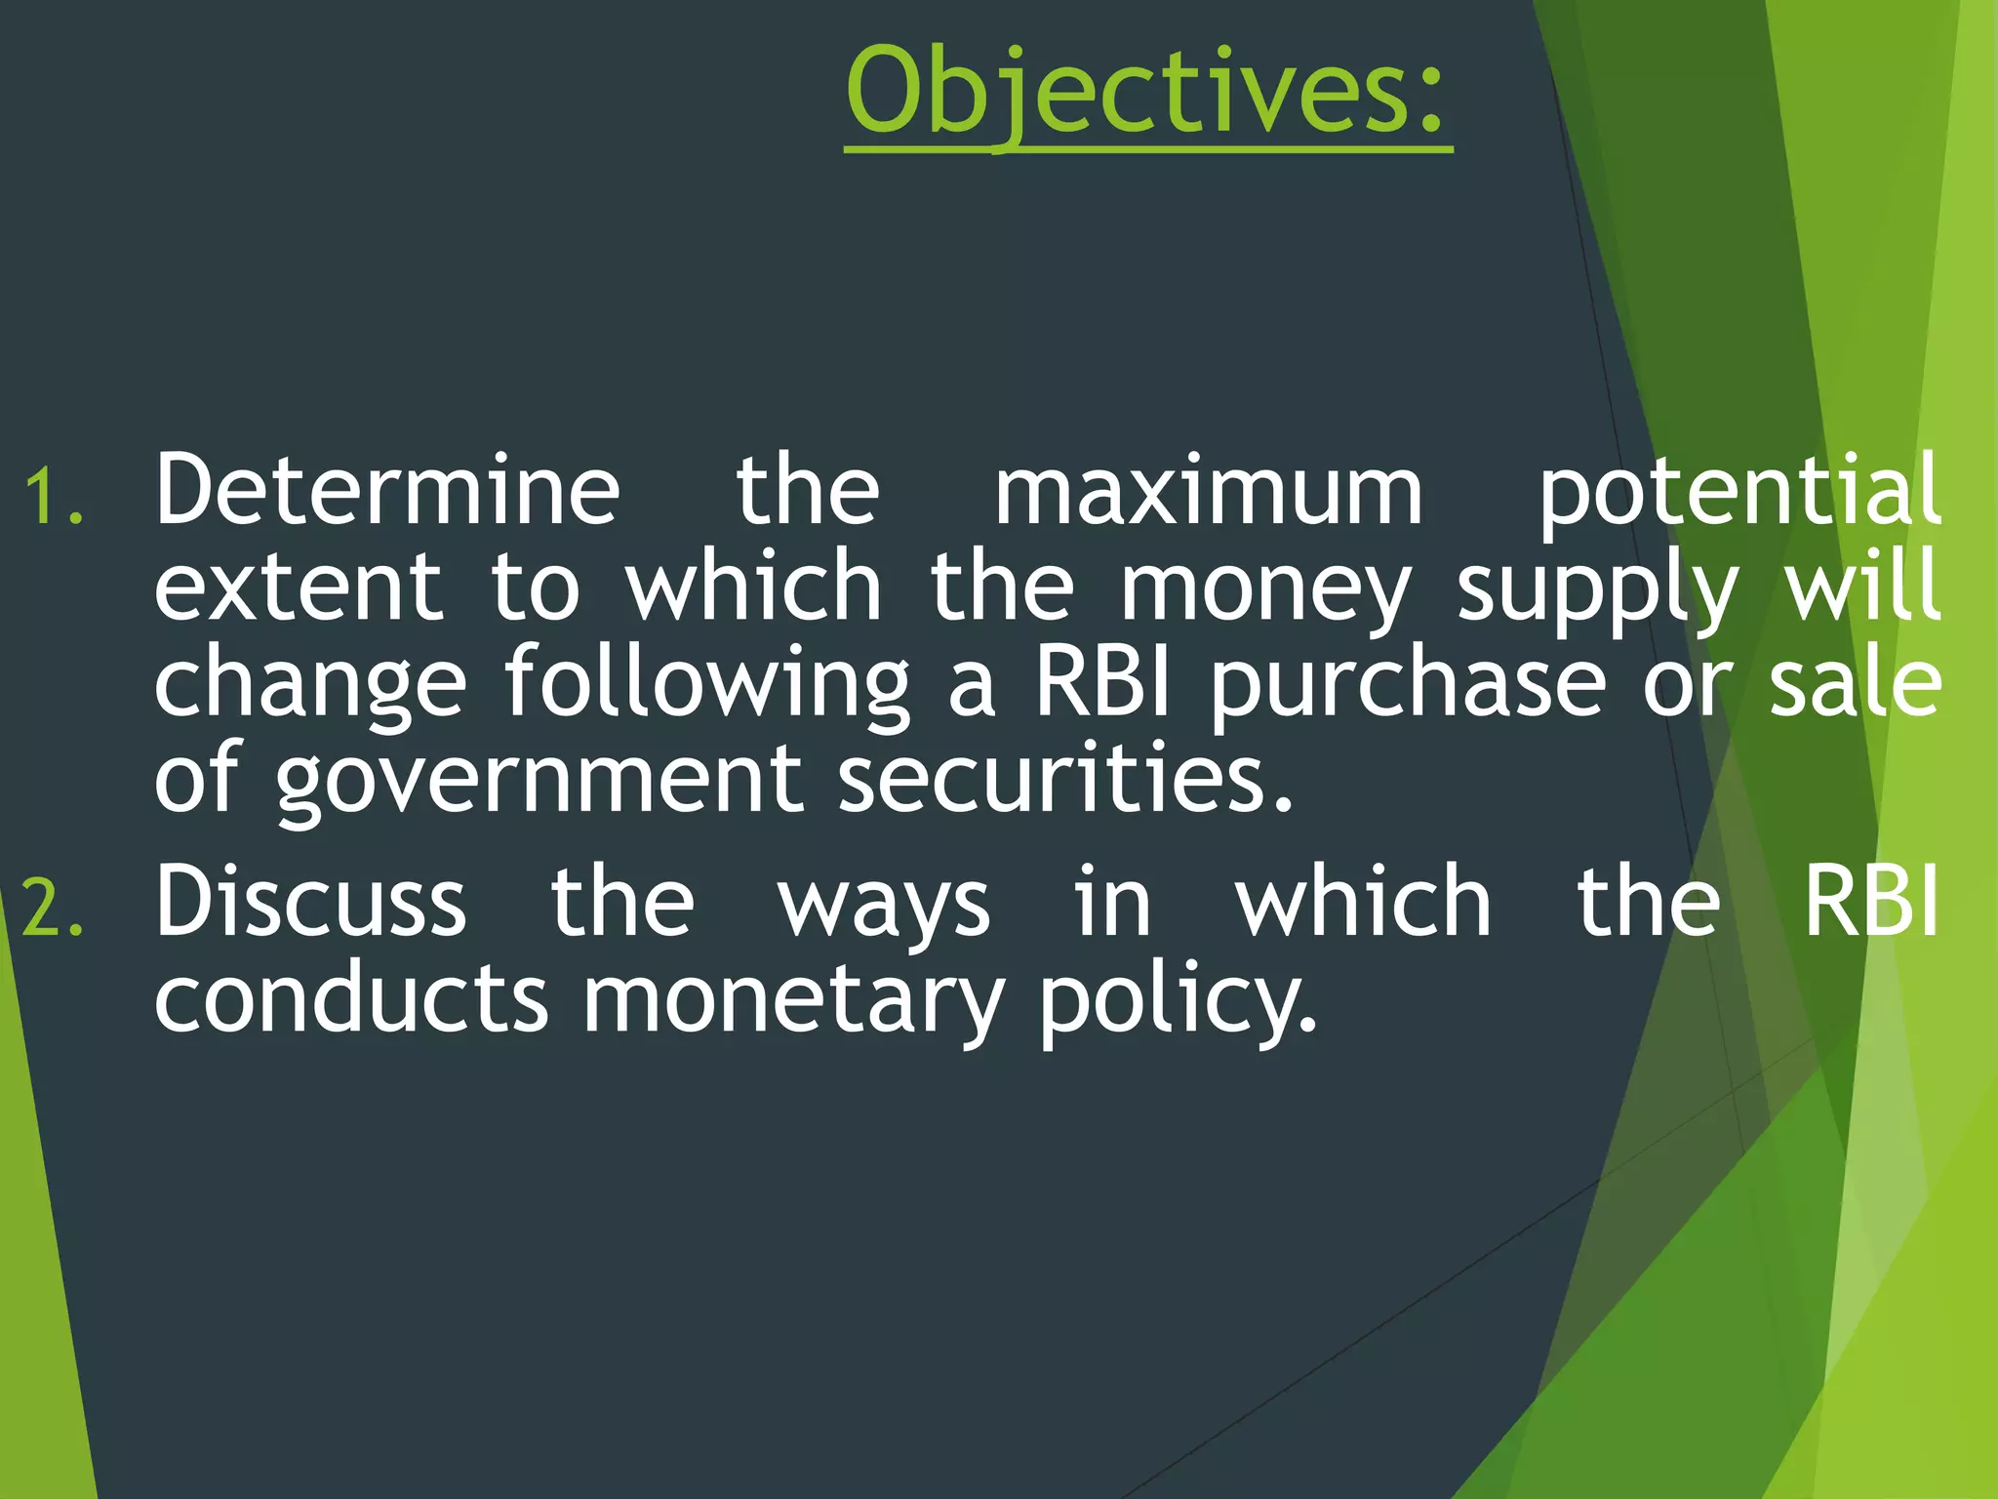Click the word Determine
click(x=387, y=490)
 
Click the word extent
click(x=298, y=587)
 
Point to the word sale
click(x=1855, y=683)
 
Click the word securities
click(x=1065, y=779)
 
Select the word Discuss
click(x=311, y=902)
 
